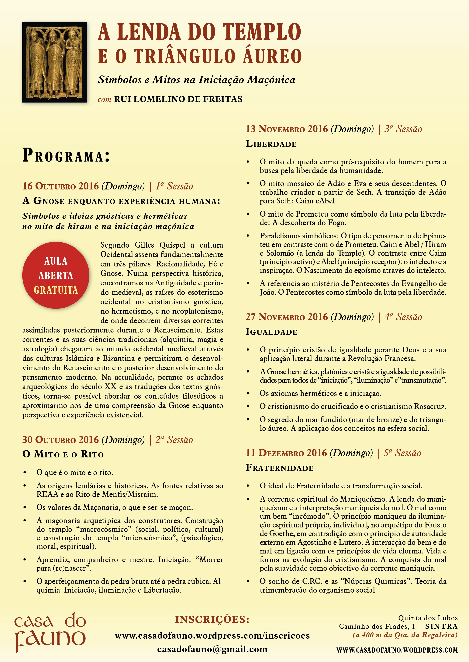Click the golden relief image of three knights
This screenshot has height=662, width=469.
(x=55, y=62)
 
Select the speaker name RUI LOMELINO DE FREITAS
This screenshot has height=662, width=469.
(x=178, y=99)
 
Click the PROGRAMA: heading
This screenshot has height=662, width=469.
(x=66, y=156)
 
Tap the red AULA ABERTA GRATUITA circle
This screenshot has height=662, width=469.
(x=56, y=275)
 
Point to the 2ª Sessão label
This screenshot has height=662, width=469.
(x=174, y=440)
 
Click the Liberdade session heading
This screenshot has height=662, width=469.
(x=271, y=144)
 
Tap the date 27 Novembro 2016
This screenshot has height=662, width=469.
(x=286, y=317)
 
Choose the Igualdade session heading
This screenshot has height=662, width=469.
(x=271, y=332)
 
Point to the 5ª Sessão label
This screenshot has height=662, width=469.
(x=402, y=453)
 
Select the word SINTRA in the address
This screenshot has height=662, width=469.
(x=441, y=627)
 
